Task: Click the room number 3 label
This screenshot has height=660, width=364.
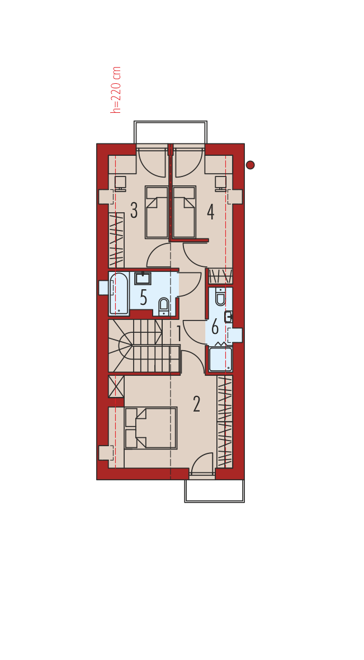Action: pos(134,211)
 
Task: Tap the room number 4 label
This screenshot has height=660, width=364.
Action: pos(211,212)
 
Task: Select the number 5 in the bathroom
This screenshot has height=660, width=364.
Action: pos(143,298)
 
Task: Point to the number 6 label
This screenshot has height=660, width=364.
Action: pos(215,327)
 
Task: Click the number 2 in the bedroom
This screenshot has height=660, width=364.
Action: pos(196,404)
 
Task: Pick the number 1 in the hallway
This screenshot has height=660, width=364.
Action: pos(179,334)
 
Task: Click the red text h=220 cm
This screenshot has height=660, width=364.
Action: pos(116,90)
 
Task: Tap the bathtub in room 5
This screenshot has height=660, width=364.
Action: pos(119,294)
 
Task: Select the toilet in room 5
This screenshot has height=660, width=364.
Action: pos(163,307)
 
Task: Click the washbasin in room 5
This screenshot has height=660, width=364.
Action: pos(143,278)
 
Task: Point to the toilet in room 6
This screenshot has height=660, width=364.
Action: pos(220,296)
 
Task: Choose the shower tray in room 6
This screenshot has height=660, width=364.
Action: pos(221,359)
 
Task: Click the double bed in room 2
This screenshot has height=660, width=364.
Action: pos(151,428)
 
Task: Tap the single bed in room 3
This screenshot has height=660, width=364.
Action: pos(157,212)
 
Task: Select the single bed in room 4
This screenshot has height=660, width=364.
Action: pos(184,212)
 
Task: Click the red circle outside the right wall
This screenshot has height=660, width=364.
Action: pos(250,165)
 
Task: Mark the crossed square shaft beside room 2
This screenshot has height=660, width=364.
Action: pos(116,386)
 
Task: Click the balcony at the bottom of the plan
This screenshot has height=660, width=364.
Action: pos(215,491)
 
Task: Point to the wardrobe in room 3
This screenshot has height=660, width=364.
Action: pos(116,240)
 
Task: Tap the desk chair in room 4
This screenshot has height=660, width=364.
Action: pos(221,183)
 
